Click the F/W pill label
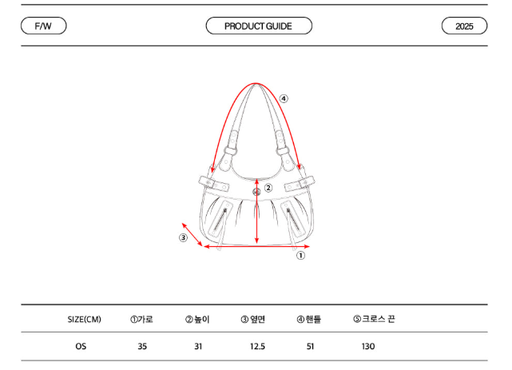[x=43, y=26]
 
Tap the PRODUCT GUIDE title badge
[x=259, y=26]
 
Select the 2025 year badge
[x=464, y=26]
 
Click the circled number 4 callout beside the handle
[x=284, y=98]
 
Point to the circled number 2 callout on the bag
[x=268, y=188]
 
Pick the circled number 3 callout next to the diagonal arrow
[x=183, y=237]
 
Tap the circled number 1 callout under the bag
[x=300, y=256]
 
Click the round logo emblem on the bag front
[x=256, y=192]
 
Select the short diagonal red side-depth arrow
[x=192, y=234]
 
